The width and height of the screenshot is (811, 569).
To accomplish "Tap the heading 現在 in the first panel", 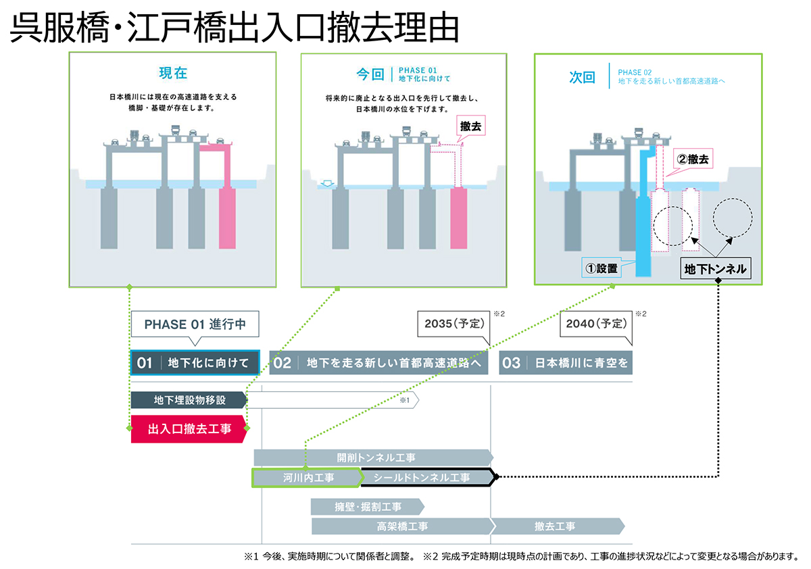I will [x=172, y=73].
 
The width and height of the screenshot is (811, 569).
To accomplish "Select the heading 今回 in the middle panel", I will [x=370, y=74].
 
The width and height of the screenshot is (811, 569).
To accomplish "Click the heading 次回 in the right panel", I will [x=582, y=77].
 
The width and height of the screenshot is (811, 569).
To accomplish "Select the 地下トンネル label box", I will [x=716, y=268].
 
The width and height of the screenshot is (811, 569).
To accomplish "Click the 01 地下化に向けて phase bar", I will [x=195, y=363].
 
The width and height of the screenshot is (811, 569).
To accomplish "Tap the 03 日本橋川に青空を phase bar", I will [x=566, y=363].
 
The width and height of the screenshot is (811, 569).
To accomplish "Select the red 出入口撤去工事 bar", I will [x=189, y=428].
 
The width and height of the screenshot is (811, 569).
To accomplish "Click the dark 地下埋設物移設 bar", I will [x=189, y=400].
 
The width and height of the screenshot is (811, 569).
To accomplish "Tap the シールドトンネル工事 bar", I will [x=426, y=477].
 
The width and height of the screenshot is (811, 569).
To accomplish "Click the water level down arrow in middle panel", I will [x=328, y=183].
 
